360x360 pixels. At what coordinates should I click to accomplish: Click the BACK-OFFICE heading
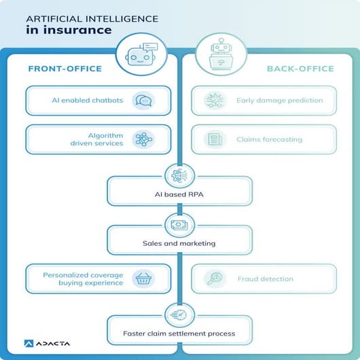pos(300,69)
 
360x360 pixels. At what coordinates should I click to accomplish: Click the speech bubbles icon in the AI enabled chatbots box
pos(143,101)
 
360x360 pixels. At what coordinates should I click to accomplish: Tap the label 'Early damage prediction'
pos(279,101)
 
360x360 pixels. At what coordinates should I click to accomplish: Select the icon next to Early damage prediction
pos(215,101)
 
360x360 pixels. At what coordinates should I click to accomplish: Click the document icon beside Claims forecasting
pos(215,140)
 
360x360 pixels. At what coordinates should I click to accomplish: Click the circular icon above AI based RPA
pos(179,175)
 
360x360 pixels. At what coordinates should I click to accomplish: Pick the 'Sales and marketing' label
pos(179,242)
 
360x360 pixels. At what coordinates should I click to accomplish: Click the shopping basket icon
pos(143,278)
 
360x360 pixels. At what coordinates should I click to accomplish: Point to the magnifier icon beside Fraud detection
pos(215,278)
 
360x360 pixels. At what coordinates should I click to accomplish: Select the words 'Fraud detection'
pos(265,278)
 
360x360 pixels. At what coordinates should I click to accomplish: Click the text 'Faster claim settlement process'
pos(179,334)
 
